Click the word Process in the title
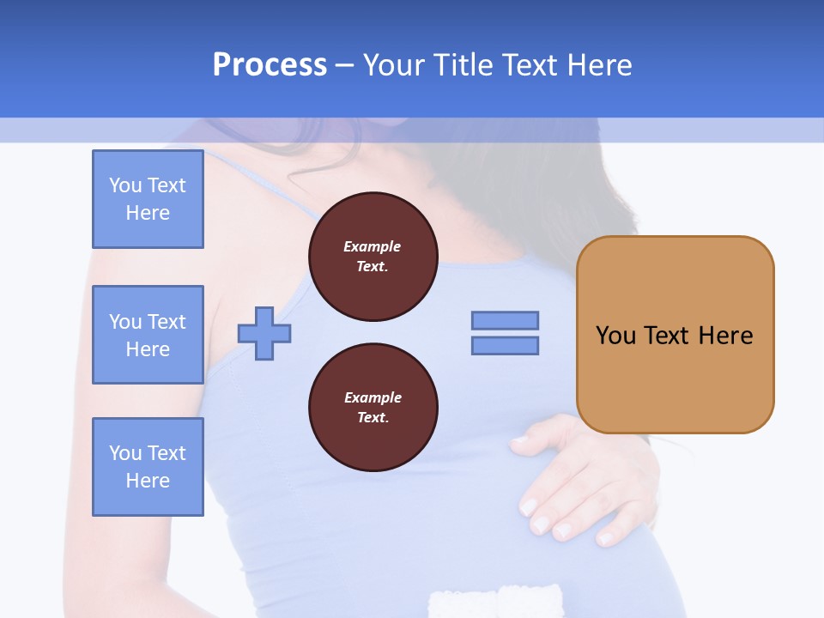pyautogui.click(x=270, y=65)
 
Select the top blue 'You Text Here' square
pyautogui.click(x=148, y=199)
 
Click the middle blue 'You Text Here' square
pyautogui.click(x=148, y=335)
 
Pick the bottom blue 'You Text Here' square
pyautogui.click(x=148, y=467)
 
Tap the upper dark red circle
pyautogui.click(x=373, y=257)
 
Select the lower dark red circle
pyautogui.click(x=373, y=408)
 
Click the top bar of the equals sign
pyautogui.click(x=505, y=320)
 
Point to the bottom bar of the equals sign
pyautogui.click(x=505, y=346)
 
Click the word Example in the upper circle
pyautogui.click(x=373, y=246)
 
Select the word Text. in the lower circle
pyautogui.click(x=373, y=418)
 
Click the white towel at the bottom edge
pyautogui.click(x=496, y=601)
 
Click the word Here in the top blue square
pyautogui.click(x=148, y=213)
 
